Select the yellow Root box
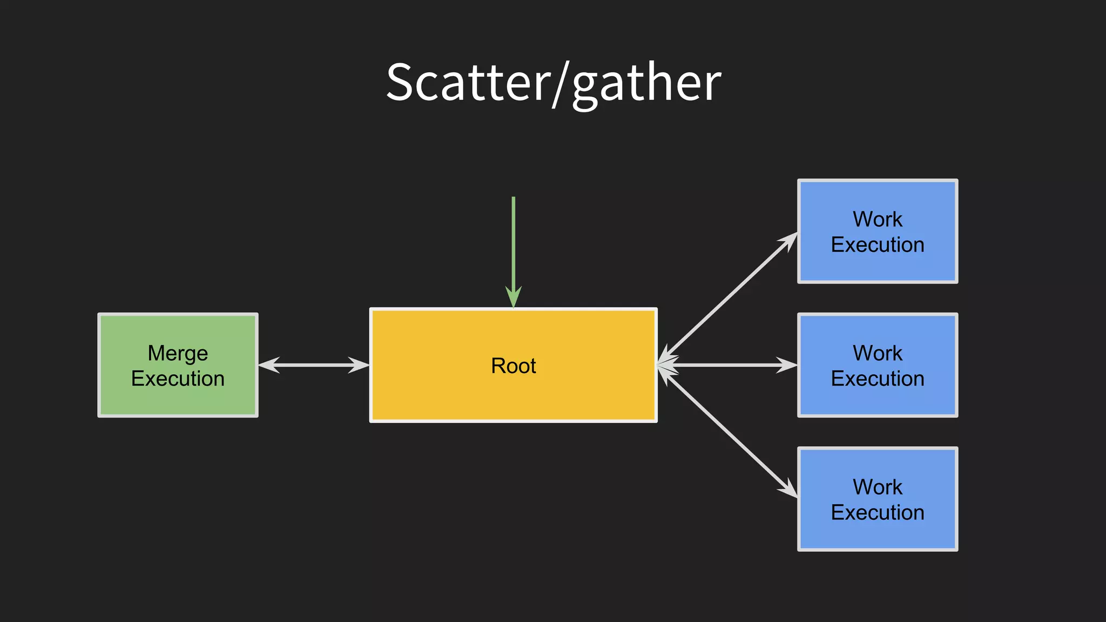(x=513, y=394)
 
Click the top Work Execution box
(x=878, y=270)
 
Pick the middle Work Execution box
(x=878, y=402)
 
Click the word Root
(x=513, y=366)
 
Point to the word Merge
(x=178, y=353)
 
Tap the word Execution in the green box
(x=178, y=378)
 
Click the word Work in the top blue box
(x=878, y=219)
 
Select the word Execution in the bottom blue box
(x=878, y=512)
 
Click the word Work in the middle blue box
(x=878, y=353)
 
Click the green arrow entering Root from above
(x=514, y=243)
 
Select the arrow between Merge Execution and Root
(x=313, y=365)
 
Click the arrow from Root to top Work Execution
(x=729, y=297)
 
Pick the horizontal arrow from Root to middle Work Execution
(x=729, y=365)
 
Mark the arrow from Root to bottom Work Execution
(x=729, y=432)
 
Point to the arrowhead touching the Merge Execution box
(x=268, y=365)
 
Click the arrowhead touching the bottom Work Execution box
(x=788, y=488)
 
